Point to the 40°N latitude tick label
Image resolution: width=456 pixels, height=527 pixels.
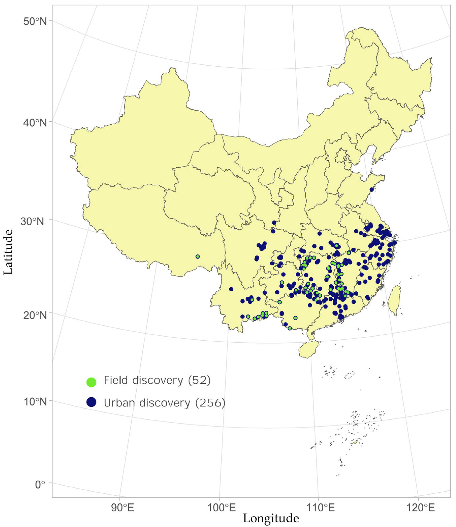coord(35,123)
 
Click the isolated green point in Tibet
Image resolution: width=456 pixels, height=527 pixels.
coord(198,256)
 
